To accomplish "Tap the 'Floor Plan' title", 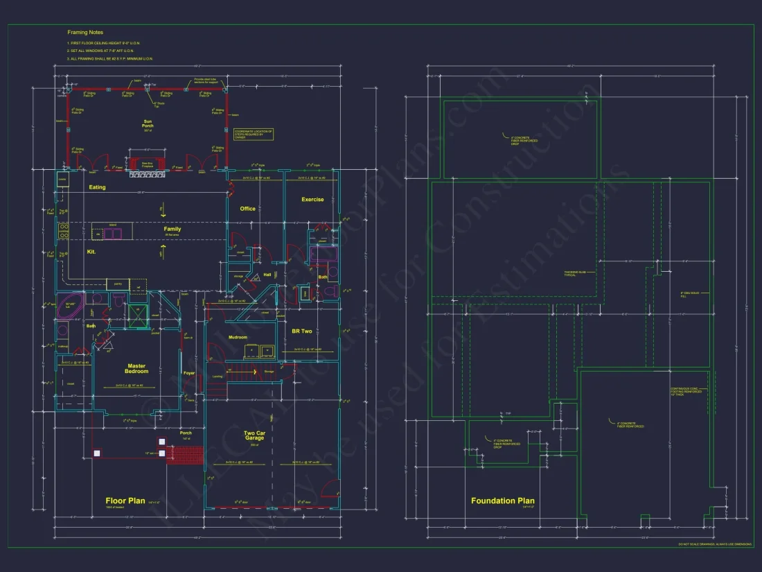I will (125, 501).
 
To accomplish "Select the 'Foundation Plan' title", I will (503, 501).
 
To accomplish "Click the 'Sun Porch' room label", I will (148, 123).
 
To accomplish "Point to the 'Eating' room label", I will (97, 187).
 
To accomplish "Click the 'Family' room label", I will (172, 229).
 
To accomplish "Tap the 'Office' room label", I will (247, 208).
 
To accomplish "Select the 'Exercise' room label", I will (312, 200).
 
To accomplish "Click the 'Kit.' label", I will (91, 252).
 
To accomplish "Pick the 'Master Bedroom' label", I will (136, 369).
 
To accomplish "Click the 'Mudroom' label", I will (238, 337).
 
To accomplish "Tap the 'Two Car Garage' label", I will (254, 436).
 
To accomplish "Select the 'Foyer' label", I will (189, 373).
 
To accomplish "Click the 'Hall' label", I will (267, 275).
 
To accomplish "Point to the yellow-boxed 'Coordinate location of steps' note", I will (254, 134).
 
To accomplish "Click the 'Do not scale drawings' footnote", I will (714, 545).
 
